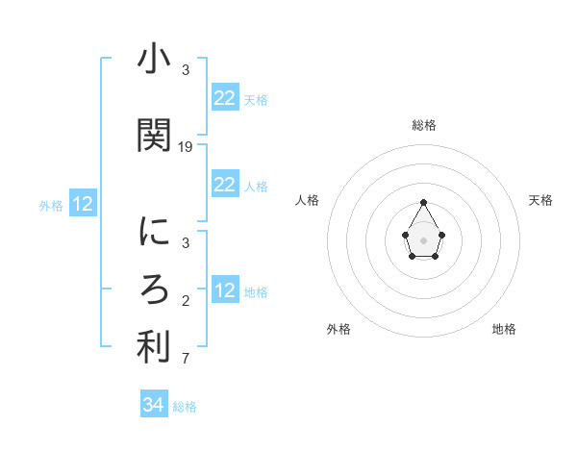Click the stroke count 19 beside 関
click(x=186, y=147)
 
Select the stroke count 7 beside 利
click(x=186, y=360)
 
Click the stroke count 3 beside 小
click(x=186, y=70)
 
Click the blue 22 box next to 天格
click(x=225, y=98)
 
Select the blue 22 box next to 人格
click(x=225, y=185)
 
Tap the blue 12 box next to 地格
click(x=225, y=290)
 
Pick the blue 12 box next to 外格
click(x=83, y=204)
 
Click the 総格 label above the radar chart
click(x=424, y=125)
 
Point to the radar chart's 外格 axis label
click(x=339, y=329)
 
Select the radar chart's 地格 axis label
click(x=504, y=329)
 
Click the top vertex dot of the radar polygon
click(x=424, y=202)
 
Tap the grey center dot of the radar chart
click(x=424, y=239)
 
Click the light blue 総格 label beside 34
click(x=185, y=407)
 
